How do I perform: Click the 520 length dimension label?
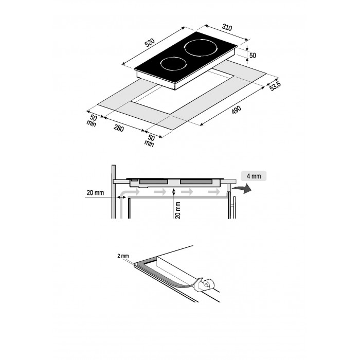click(x=150, y=43)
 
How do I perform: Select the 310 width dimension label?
click(x=227, y=27)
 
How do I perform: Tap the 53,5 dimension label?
click(x=275, y=86)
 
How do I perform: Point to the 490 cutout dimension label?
click(x=237, y=110)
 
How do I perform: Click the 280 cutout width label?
click(x=119, y=128)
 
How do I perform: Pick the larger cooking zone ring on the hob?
click(x=201, y=48)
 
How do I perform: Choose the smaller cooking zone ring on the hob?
click(x=173, y=64)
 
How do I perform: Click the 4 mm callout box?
click(x=254, y=176)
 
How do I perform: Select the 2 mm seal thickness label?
click(x=123, y=256)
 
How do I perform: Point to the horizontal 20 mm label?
click(x=95, y=193)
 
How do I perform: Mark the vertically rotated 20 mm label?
click(x=178, y=210)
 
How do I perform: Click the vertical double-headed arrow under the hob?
click(x=174, y=192)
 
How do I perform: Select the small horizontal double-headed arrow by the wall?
click(x=121, y=197)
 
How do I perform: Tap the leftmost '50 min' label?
click(x=92, y=120)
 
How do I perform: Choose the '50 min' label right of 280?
click(x=150, y=140)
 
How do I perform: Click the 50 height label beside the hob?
click(x=253, y=56)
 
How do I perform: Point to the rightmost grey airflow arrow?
click(x=214, y=192)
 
